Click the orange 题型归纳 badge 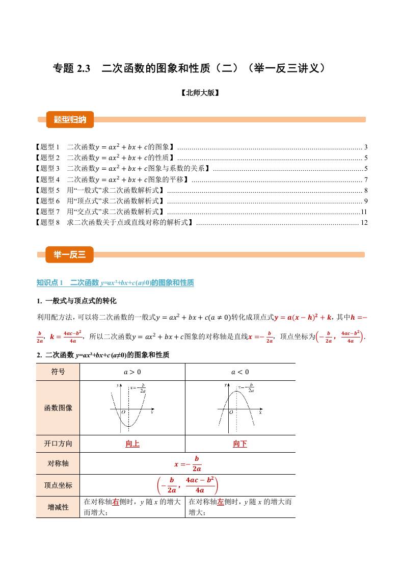pyautogui.click(x=70, y=120)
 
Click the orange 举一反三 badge pyautogui.click(x=70, y=255)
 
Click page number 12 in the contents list pyautogui.click(x=364, y=223)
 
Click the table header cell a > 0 pyautogui.click(x=132, y=372)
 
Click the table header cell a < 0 pyautogui.click(x=240, y=372)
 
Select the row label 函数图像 pyautogui.click(x=59, y=408)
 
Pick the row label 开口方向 pyautogui.click(x=59, y=444)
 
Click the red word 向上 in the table pyautogui.click(x=132, y=444)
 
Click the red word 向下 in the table pyautogui.click(x=240, y=444)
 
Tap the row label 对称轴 pyautogui.click(x=59, y=464)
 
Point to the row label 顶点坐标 pyautogui.click(x=59, y=486)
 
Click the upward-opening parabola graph pyautogui.click(x=131, y=407)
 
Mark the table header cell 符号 pyautogui.click(x=59, y=372)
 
